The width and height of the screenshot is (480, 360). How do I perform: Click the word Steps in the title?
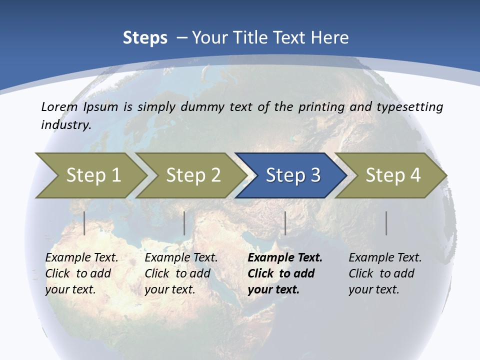coord(145,38)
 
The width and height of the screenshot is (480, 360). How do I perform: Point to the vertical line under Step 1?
coord(84,223)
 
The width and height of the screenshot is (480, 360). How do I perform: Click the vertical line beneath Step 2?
coord(184,223)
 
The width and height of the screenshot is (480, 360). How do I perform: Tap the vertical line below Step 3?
coord(285,223)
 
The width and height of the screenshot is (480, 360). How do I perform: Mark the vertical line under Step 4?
coord(386,223)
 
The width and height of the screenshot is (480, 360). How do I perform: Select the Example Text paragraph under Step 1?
coord(81,273)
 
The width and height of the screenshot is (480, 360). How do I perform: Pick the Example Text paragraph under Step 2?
coord(180,273)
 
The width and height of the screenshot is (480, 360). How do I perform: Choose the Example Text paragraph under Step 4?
coord(384,273)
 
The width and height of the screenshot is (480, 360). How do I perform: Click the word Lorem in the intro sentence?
coord(59,107)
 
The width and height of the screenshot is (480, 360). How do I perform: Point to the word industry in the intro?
coord(65,125)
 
